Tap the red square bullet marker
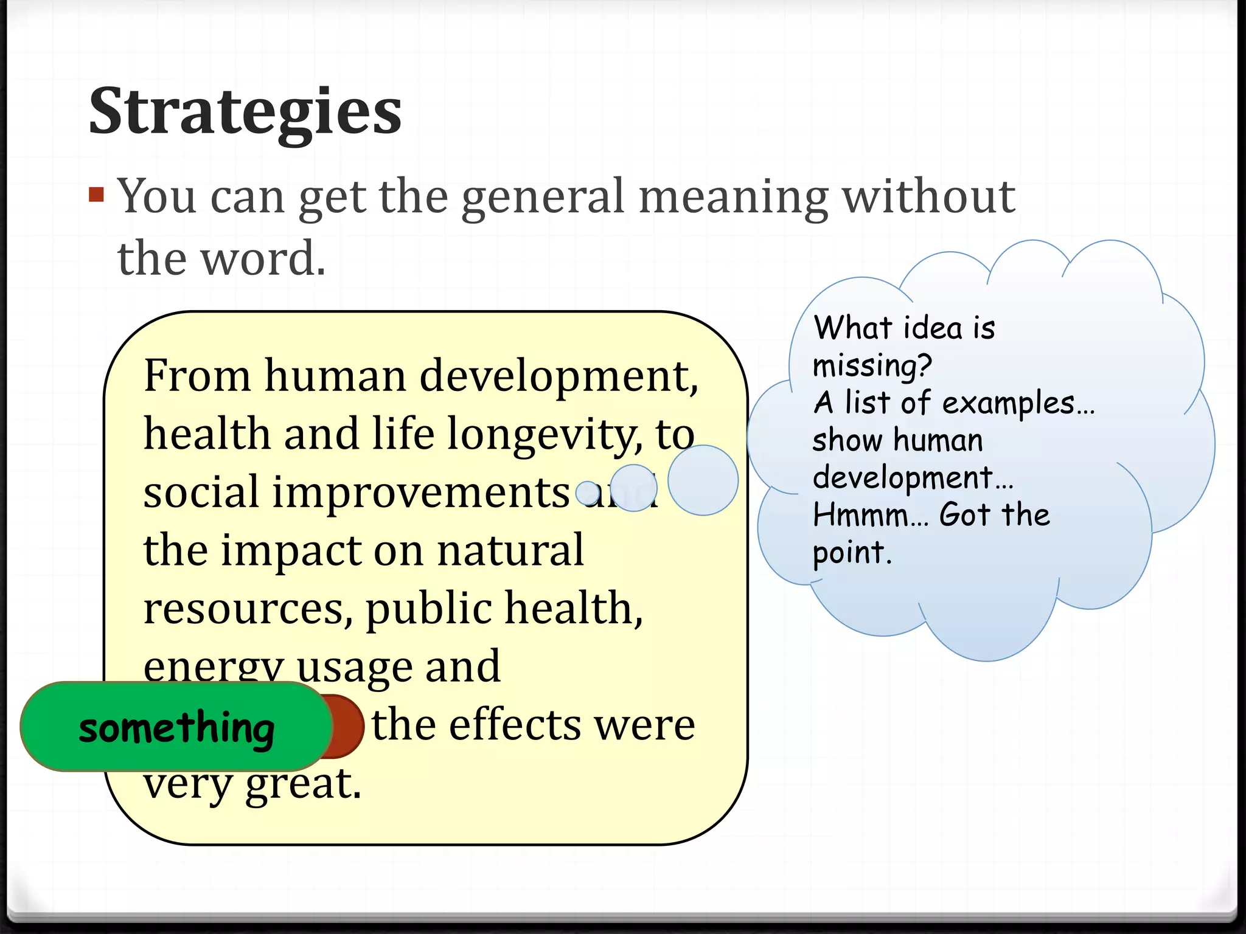coord(96,195)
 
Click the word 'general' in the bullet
coord(543,197)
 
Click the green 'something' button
coord(176,727)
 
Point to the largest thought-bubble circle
coord(703,480)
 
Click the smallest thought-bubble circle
coord(588,493)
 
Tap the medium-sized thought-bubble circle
coord(633,488)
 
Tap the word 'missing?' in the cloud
coord(872,366)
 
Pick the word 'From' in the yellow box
coord(197,375)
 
